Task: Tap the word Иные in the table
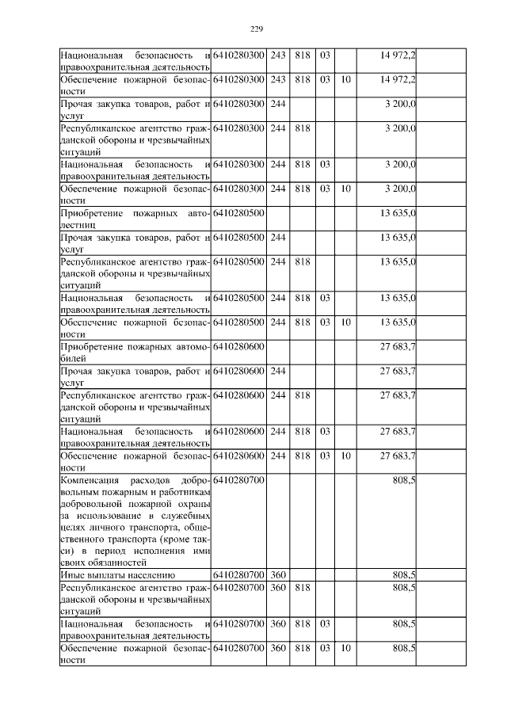point(74,574)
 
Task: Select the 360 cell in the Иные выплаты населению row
point(277,574)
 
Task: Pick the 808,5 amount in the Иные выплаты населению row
point(404,574)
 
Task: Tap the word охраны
point(194,504)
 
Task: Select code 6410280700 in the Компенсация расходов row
point(238,480)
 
